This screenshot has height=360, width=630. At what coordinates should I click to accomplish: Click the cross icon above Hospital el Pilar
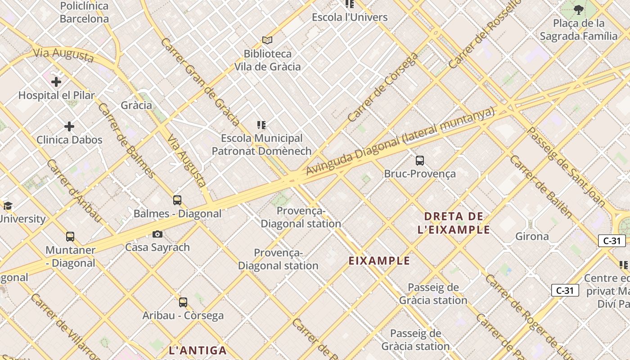pyautogui.click(x=56, y=82)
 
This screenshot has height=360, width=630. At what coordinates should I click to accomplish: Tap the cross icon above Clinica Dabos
pyautogui.click(x=69, y=126)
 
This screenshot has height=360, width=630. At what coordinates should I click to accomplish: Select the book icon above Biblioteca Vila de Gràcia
pyautogui.click(x=267, y=40)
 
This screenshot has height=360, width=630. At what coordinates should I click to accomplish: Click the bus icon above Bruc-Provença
pyautogui.click(x=420, y=160)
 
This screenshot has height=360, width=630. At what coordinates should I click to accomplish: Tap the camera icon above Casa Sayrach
pyautogui.click(x=157, y=234)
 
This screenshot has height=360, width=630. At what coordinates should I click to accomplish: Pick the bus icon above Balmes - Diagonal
pyautogui.click(x=177, y=200)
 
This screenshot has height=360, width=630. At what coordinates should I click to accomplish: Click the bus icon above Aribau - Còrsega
pyautogui.click(x=183, y=302)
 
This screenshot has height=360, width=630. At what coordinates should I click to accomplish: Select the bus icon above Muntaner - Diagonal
pyautogui.click(x=70, y=237)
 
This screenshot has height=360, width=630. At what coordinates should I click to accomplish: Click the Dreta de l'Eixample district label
pyautogui.click(x=454, y=223)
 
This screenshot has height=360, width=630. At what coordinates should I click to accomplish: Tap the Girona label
pyautogui.click(x=532, y=236)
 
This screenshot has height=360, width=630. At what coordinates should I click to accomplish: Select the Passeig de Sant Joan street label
pyautogui.click(x=566, y=167)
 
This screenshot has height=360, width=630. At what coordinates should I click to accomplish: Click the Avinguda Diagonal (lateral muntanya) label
pyautogui.click(x=400, y=141)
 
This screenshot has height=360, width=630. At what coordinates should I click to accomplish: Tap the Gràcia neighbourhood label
pyautogui.click(x=136, y=105)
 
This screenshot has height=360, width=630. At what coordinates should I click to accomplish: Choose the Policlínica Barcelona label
pyautogui.click(x=84, y=12)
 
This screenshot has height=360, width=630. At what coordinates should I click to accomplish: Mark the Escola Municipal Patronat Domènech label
pyautogui.click(x=261, y=144)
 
